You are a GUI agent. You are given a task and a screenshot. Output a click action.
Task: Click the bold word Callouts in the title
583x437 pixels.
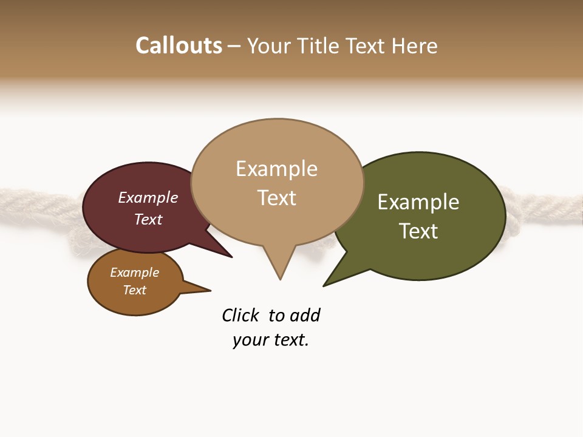pyautogui.click(x=179, y=46)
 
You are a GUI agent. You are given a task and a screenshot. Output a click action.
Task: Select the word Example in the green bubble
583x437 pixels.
pyautogui.click(x=418, y=202)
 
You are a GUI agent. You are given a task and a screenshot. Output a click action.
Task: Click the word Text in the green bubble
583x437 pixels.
pyautogui.click(x=418, y=231)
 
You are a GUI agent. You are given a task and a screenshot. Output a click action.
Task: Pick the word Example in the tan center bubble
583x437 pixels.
pyautogui.click(x=276, y=169)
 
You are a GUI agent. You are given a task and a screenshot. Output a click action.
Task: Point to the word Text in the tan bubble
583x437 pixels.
pyautogui.click(x=276, y=198)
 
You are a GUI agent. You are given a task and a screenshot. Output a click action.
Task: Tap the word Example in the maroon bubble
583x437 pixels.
pyautogui.click(x=148, y=197)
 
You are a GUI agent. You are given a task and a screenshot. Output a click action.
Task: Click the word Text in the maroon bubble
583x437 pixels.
pyautogui.click(x=148, y=219)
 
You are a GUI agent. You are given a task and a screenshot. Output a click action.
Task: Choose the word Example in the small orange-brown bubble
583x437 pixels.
pyautogui.click(x=134, y=273)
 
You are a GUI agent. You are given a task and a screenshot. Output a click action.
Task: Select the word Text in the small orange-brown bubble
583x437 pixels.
pyautogui.click(x=134, y=290)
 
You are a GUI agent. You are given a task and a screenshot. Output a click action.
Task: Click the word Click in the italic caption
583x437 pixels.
pyautogui.click(x=240, y=316)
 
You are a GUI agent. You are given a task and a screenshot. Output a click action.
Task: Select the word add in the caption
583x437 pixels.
pyautogui.click(x=305, y=316)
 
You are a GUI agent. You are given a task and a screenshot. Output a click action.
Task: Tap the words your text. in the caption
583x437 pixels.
pyautogui.click(x=271, y=340)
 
